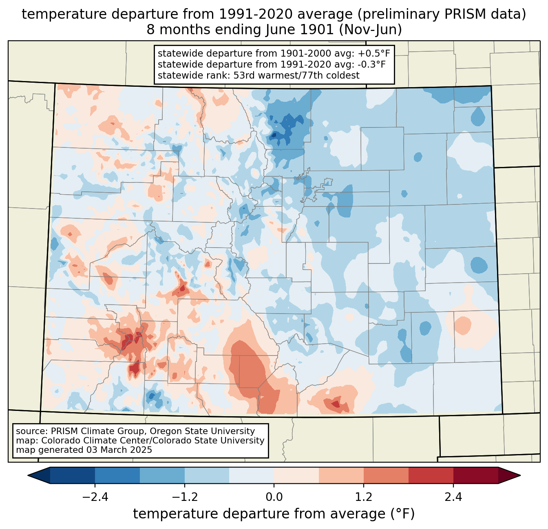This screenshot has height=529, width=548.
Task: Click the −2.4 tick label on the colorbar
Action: pyautogui.click(x=95, y=497)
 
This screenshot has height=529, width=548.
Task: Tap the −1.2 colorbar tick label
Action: pyautogui.click(x=185, y=497)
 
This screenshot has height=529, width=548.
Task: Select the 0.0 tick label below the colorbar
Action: pyautogui.click(x=274, y=497)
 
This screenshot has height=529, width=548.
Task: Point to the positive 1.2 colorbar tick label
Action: pyautogui.click(x=364, y=497)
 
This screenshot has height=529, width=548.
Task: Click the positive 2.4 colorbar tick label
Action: pyautogui.click(x=453, y=497)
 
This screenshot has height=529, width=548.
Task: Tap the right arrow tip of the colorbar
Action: pyautogui.click(x=519, y=475)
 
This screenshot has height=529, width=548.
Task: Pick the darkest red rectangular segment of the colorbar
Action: pyautogui.click(x=475, y=475)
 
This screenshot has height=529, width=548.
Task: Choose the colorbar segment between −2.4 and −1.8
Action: pyautogui.click(x=117, y=475)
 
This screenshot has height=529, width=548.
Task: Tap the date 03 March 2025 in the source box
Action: pyautogui.click(x=119, y=450)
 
